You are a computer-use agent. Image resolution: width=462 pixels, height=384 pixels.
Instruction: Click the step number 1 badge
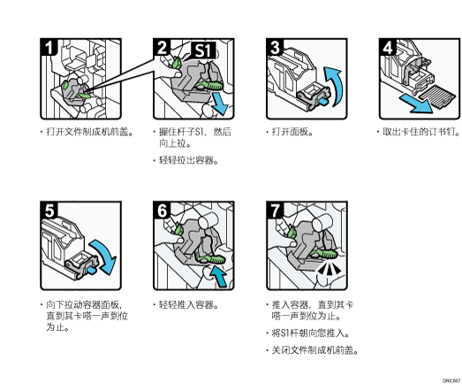(x=49, y=47)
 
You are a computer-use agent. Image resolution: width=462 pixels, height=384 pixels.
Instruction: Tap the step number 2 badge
(x=162, y=47)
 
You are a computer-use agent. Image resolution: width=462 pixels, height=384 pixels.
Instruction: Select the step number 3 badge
(x=275, y=47)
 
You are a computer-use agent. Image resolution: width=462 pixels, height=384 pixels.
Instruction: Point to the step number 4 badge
(x=388, y=47)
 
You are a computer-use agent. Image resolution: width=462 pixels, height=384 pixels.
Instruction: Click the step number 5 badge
(x=49, y=211)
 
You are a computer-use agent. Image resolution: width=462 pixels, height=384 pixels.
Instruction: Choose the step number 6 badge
(x=162, y=211)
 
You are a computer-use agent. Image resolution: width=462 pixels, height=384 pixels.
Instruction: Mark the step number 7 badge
(x=275, y=211)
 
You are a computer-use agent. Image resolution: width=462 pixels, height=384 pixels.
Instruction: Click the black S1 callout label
(x=203, y=50)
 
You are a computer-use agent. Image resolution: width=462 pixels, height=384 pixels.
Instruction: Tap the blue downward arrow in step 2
(x=220, y=104)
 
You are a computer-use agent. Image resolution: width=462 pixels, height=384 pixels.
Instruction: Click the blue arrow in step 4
(x=416, y=104)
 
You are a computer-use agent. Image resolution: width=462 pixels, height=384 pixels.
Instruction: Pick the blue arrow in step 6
(x=218, y=276)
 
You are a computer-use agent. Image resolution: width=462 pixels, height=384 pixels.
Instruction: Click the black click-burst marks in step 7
(x=329, y=269)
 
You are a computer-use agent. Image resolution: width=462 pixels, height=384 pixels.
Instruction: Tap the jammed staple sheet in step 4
(x=438, y=96)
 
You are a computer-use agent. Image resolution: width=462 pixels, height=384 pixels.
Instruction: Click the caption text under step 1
(x=89, y=132)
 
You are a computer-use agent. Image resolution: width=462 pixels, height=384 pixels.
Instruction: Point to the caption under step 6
(x=188, y=304)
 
